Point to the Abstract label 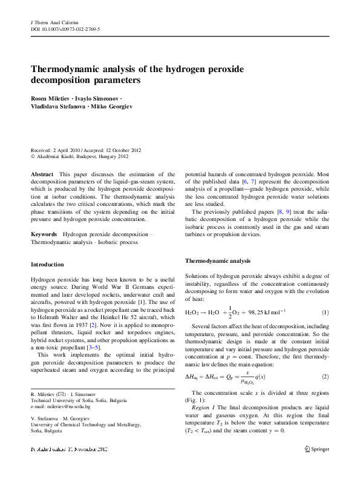pyautogui.click(x=43, y=174)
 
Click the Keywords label pyautogui.click(x=45, y=233)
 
